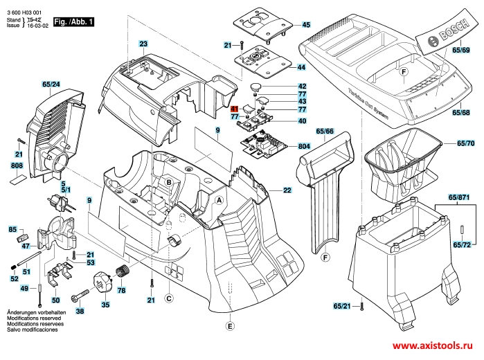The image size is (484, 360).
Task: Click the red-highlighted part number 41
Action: [x=234, y=109]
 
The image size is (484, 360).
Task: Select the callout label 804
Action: [x=303, y=147]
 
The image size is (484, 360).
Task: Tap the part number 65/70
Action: [x=467, y=143]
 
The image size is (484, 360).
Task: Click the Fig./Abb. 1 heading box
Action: [x=73, y=23]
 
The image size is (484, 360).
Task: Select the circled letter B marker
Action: [x=168, y=181]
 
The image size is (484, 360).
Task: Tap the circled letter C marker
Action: [x=168, y=298]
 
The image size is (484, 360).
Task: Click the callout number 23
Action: [x=143, y=44]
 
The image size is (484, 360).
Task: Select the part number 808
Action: [x=17, y=166]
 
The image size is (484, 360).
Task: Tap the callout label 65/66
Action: [x=325, y=132]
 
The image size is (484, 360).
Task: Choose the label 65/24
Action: [x=51, y=84]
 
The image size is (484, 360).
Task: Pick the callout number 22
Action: [x=287, y=190]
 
